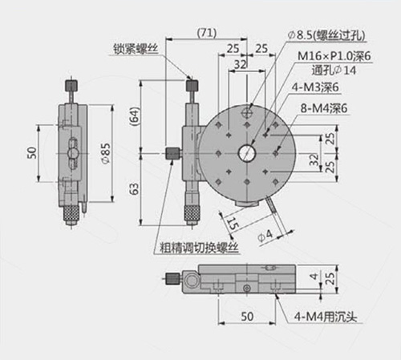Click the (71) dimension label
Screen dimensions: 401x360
click(207, 33)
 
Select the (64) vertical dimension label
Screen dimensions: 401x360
click(135, 115)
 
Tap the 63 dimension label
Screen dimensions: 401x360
click(135, 188)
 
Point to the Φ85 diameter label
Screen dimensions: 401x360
click(106, 153)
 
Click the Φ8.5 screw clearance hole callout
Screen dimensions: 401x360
click(326, 35)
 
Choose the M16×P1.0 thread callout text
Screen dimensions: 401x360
click(334, 56)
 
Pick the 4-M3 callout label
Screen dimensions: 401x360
click(315, 87)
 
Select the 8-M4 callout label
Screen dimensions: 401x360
click(324, 108)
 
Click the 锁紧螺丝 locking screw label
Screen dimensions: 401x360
click(136, 49)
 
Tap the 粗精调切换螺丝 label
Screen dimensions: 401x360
click(199, 248)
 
